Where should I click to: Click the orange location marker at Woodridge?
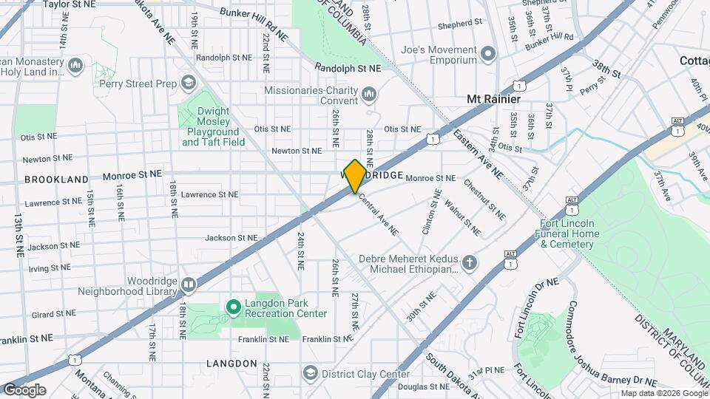pos(355,175)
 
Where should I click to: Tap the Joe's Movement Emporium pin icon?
pos(487,54)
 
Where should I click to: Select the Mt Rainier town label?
pos(493,99)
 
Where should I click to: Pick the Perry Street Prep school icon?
pos(188,83)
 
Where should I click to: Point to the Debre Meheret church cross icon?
pos(469,262)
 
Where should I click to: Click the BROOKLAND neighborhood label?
pos(56,180)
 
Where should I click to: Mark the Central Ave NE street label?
pos(378,214)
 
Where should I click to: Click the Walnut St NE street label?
pos(462,216)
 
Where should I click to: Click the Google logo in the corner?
pos(24,389)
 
